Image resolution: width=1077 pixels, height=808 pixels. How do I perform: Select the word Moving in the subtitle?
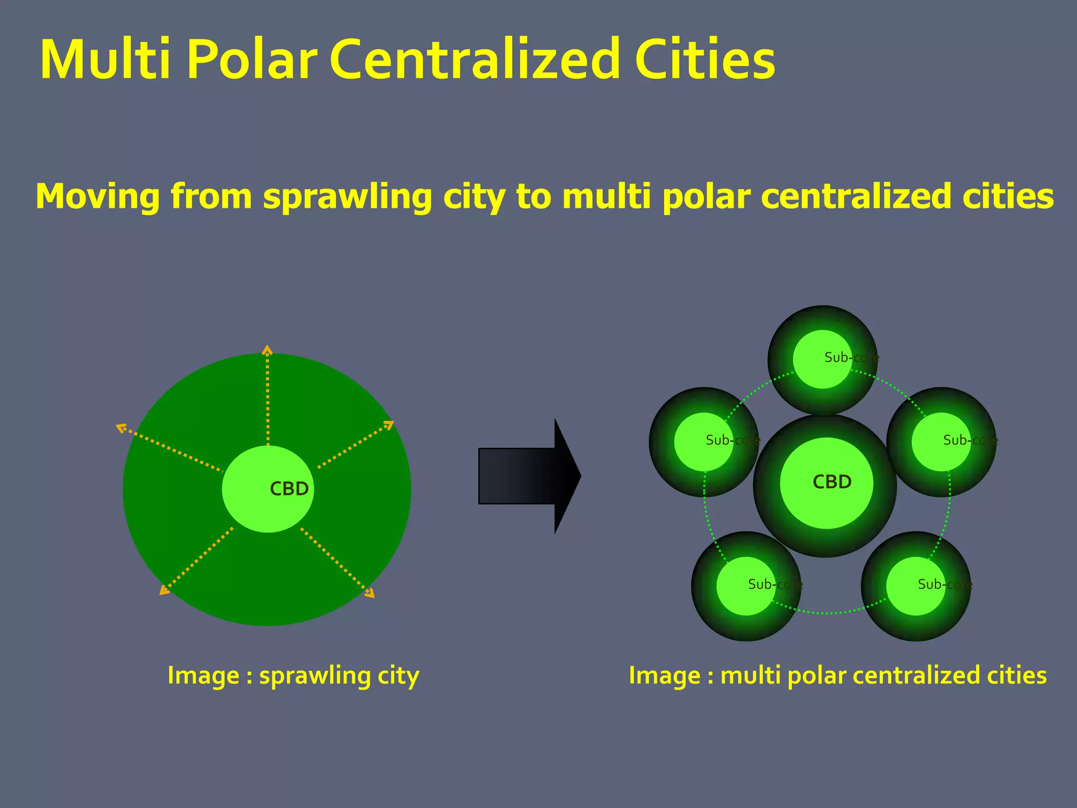coord(98,196)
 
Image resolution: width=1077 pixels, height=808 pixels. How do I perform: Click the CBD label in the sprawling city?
coord(289,489)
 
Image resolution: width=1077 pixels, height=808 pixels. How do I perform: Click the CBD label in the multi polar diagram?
coord(831,482)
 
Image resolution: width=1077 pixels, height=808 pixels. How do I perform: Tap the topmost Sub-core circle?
coord(822,359)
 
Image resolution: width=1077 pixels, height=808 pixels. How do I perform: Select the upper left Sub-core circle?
coord(704,442)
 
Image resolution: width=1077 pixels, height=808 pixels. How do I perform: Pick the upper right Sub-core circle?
coord(941,442)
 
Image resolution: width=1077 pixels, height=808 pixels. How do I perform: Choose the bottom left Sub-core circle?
coord(746,586)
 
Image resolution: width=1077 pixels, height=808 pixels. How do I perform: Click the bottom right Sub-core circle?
coord(916,586)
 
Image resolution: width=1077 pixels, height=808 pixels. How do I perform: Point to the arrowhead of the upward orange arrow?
coord(268,349)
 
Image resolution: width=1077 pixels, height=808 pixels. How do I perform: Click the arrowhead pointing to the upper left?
coord(120,428)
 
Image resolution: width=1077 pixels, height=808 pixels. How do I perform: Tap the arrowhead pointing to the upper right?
coord(389,424)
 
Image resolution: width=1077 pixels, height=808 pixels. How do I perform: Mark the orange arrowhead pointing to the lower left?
coord(164,591)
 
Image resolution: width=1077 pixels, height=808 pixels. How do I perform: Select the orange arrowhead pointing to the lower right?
coord(370,593)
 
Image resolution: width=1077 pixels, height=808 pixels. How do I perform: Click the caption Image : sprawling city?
coord(293,675)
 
